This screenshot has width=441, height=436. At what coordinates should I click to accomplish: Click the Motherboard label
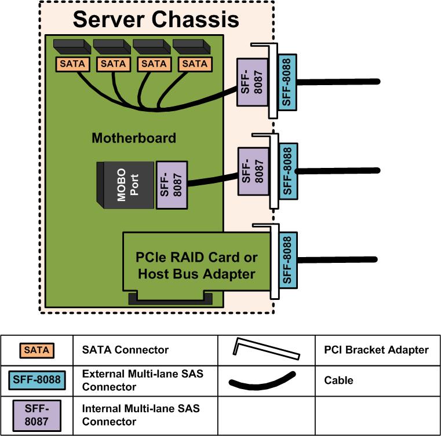point(134,138)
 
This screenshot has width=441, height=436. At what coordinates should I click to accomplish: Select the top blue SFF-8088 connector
point(286,81)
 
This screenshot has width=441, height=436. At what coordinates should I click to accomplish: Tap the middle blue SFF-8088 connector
point(286,171)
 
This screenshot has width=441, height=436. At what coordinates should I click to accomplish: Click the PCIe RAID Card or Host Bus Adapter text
point(196,265)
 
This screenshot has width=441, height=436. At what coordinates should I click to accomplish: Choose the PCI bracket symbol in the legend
point(266,349)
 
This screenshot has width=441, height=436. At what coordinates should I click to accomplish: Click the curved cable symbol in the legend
point(263,381)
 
